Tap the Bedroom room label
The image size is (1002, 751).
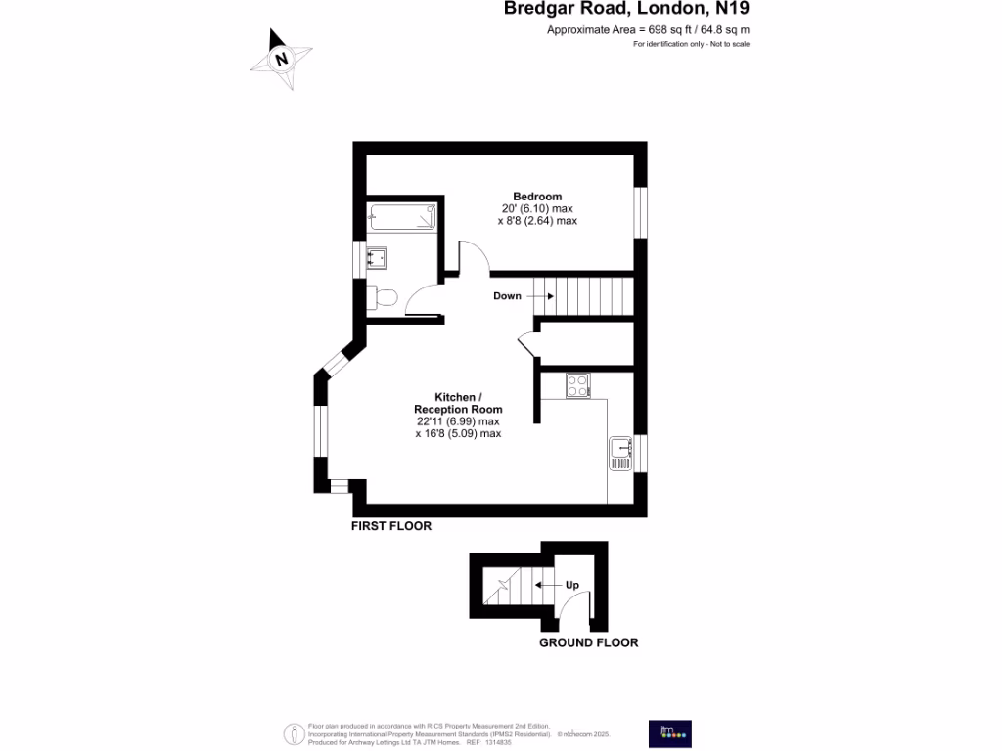[537, 197]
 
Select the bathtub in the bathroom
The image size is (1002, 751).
[401, 217]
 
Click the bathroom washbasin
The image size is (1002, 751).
[377, 258]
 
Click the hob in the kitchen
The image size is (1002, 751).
[577, 386]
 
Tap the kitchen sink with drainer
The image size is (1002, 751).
[620, 452]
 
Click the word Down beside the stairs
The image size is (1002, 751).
[507, 296]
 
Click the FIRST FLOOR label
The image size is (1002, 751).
[391, 526]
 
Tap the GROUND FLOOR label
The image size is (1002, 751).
[589, 642]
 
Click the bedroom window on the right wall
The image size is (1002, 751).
[640, 212]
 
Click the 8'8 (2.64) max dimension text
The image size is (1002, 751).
[537, 221]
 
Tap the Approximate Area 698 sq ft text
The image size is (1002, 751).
[648, 30]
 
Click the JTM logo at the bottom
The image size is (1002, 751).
[670, 733]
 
